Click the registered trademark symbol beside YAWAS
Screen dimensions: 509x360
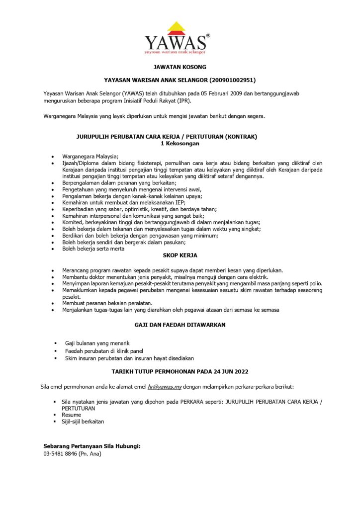pyautogui.click(x=208, y=36)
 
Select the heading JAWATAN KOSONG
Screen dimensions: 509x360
pyautogui.click(x=180, y=67)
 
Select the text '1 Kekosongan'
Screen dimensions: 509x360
pyautogui.click(x=180, y=143)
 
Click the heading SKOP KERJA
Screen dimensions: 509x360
pyautogui.click(x=180, y=255)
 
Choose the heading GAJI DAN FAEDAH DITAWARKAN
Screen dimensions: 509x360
pyautogui.click(x=180, y=325)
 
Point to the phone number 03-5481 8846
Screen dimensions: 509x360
pyautogui.click(x=60, y=454)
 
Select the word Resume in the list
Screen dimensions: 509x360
pyautogui.click(x=71, y=415)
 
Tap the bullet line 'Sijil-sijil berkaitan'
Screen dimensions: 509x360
pyautogui.click(x=83, y=422)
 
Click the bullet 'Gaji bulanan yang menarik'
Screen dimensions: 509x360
pyautogui.click(x=97, y=343)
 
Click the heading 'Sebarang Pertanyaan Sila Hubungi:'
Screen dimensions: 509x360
pyautogui.click(x=92, y=446)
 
